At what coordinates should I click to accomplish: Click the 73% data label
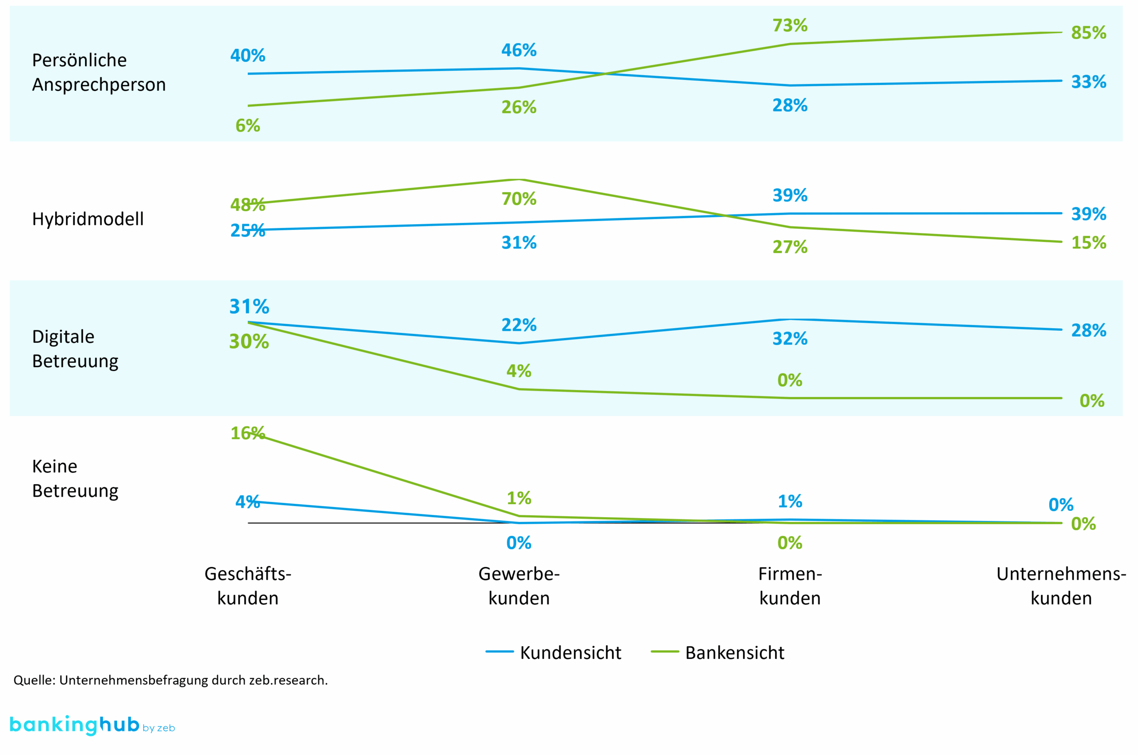coord(790,25)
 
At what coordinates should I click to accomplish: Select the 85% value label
coord(1088,33)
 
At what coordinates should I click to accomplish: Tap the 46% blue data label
coord(519,50)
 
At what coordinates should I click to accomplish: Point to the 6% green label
coord(248,126)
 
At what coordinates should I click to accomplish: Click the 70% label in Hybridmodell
coord(519,199)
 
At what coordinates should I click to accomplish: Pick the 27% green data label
coord(790,247)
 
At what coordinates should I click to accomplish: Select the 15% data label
coord(1088,243)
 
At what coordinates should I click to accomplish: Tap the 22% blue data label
coord(519,325)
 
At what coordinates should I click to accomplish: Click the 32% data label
coord(790,339)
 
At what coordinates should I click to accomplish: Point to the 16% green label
coord(248,434)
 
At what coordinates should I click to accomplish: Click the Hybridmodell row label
coord(88,219)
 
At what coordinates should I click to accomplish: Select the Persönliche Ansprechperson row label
coord(99,72)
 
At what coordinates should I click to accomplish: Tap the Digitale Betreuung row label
coord(75,349)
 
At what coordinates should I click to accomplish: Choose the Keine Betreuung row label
coord(75,478)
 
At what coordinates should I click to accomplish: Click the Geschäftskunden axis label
coord(248,586)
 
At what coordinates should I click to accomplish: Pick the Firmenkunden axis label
coord(790,586)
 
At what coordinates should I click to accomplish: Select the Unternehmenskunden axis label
coord(1061,586)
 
